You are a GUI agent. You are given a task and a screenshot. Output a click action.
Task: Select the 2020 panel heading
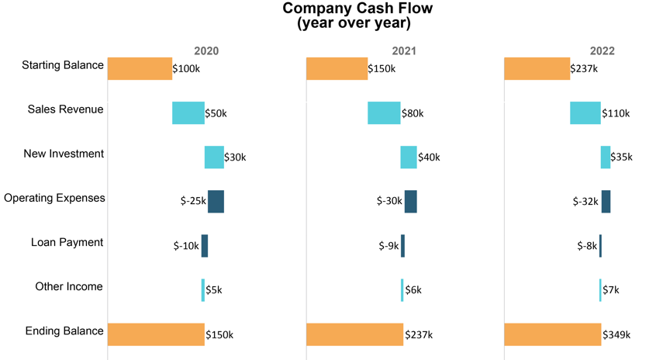[206, 51]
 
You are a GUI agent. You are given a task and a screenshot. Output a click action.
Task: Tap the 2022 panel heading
[602, 51]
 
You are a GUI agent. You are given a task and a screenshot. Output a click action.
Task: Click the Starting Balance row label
[63, 65]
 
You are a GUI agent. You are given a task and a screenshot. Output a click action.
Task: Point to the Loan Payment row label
[67, 242]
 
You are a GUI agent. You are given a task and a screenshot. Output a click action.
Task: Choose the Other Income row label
[69, 286]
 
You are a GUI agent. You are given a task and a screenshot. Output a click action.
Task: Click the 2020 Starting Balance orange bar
[140, 68]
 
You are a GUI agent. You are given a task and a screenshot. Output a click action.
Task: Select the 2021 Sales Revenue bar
[384, 112]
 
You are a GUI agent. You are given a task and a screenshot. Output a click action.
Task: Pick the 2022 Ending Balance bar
[552, 334]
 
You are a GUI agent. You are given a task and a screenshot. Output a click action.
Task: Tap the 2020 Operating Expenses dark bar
[216, 201]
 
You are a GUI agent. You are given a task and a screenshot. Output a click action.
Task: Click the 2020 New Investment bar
[214, 157]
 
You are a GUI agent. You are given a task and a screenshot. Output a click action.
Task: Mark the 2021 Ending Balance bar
[354, 334]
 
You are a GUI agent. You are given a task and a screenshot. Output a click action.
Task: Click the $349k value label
[616, 335]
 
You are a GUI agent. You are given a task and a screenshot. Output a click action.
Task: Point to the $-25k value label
[193, 202]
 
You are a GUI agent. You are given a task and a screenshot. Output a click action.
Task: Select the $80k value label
[413, 113]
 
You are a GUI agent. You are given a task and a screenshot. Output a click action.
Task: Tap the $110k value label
[616, 113]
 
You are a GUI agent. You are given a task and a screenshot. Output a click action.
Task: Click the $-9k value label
[389, 246]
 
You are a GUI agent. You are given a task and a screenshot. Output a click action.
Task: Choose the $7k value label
[611, 290]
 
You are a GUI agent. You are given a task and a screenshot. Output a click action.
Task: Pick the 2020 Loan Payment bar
[205, 245]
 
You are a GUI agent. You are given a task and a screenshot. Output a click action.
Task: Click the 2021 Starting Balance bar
[337, 68]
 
